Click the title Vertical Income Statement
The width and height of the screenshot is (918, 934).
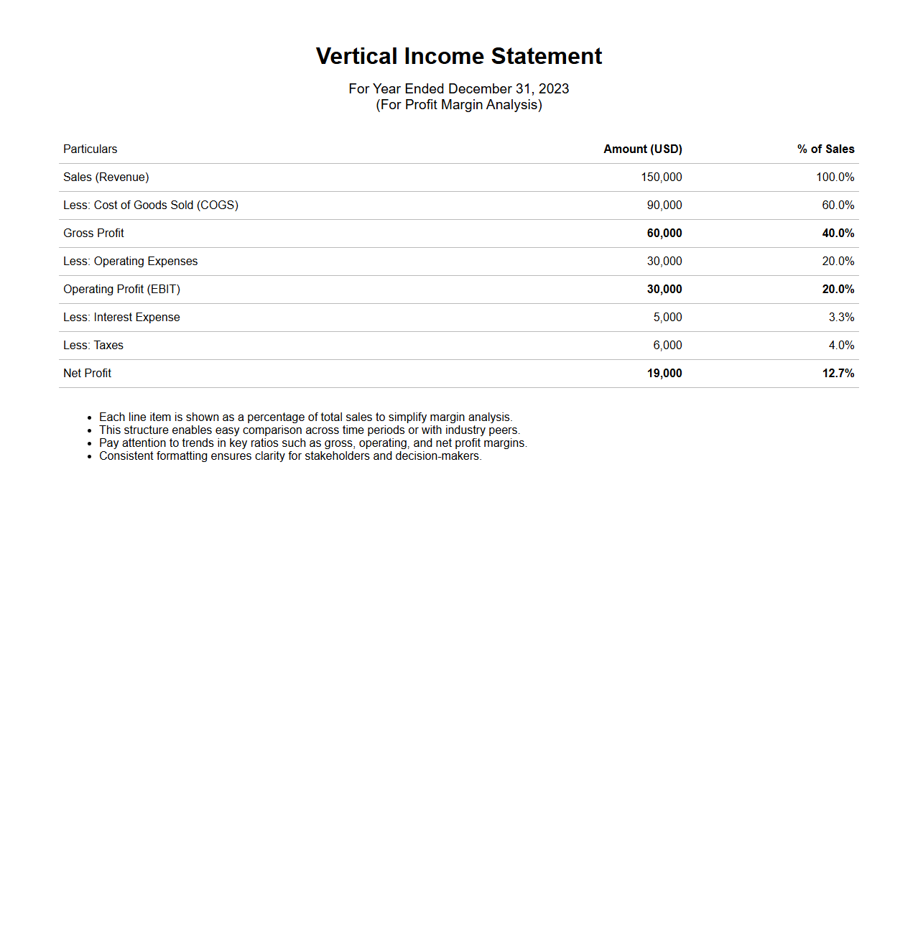click(458, 56)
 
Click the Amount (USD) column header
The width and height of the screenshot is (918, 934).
click(642, 149)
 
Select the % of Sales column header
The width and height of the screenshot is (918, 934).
click(825, 149)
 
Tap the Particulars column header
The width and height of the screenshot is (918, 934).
click(90, 149)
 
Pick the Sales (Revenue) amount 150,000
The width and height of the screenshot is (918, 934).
click(661, 177)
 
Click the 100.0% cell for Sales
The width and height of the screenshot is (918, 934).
click(835, 177)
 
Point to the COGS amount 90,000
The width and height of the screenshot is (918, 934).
click(664, 205)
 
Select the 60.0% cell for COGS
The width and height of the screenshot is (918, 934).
click(838, 205)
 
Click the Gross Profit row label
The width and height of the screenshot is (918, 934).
click(93, 233)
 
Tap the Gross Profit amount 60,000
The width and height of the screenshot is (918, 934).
click(664, 233)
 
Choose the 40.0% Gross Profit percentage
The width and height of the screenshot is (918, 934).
click(838, 233)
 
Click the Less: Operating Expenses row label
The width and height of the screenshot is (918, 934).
click(130, 261)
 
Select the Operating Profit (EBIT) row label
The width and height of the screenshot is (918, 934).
click(121, 289)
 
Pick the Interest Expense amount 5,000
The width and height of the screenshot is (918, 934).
click(667, 317)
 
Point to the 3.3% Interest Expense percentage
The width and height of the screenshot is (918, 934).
click(841, 317)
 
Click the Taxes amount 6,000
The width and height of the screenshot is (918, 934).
click(667, 345)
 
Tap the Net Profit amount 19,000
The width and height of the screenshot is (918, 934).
click(664, 373)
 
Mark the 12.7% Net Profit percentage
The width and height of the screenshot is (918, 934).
click(838, 373)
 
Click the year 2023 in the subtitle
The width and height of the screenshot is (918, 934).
click(554, 88)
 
